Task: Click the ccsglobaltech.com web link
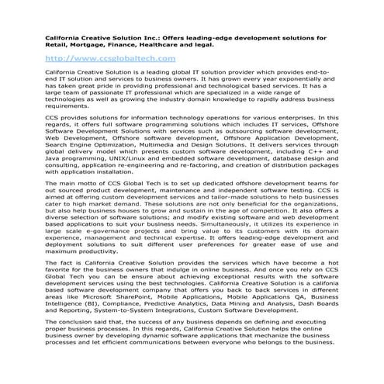pyautogui.click(x=111, y=58)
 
